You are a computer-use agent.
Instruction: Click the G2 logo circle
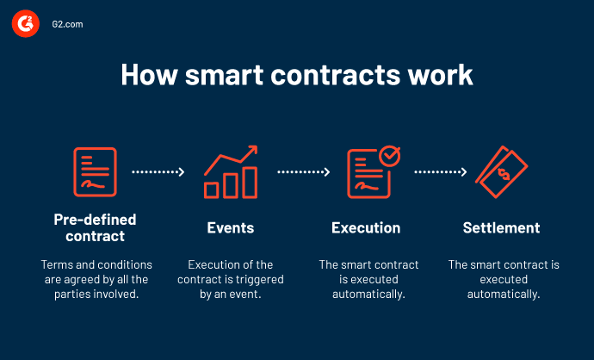(25, 25)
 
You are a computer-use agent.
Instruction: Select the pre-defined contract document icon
(94, 171)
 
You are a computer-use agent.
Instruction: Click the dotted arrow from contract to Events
(158, 172)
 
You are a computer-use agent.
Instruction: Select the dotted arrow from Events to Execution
(303, 172)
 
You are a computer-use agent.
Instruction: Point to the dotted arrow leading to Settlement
(441, 172)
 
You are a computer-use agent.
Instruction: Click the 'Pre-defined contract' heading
(95, 227)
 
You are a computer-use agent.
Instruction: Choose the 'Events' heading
(231, 228)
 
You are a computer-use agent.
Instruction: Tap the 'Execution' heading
(366, 228)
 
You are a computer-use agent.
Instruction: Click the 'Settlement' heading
(501, 228)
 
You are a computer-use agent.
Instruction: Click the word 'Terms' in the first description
(57, 264)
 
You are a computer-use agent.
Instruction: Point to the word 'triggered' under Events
(256, 279)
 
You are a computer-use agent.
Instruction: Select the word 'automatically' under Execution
(366, 294)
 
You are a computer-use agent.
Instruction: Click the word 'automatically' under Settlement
(503, 294)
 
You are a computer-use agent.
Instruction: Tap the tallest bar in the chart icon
(250, 182)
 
